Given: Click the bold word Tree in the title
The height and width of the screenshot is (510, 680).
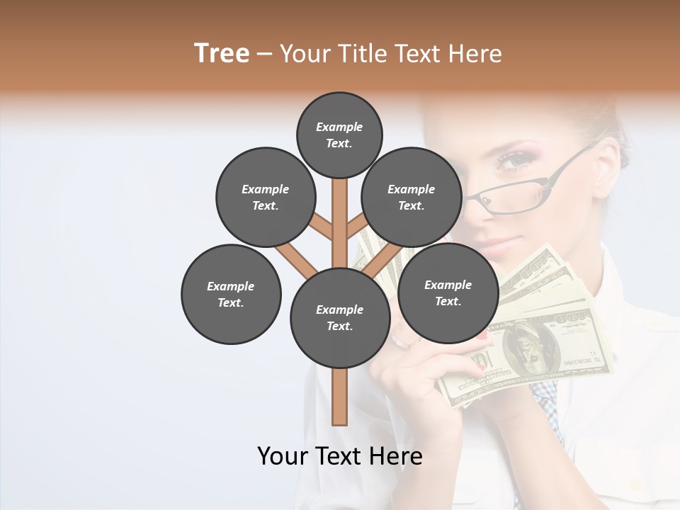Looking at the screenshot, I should [x=222, y=54].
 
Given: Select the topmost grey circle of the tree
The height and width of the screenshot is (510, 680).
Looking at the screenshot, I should [x=339, y=135].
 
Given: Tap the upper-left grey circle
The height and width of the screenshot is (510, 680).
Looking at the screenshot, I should [x=265, y=197].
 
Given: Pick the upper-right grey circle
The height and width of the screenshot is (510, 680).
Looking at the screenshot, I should [x=411, y=197].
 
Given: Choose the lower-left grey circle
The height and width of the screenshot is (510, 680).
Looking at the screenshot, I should [x=231, y=294].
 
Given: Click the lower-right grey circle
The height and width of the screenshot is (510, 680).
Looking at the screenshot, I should [x=448, y=293].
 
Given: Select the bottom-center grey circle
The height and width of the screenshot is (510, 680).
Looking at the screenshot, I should [x=340, y=318].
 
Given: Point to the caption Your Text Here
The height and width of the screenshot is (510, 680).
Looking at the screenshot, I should [x=339, y=455].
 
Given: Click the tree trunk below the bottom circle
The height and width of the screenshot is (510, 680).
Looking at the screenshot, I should [x=340, y=397].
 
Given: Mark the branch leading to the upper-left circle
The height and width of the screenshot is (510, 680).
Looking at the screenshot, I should [x=320, y=225].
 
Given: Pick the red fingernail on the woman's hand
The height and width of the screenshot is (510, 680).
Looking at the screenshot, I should [x=482, y=336].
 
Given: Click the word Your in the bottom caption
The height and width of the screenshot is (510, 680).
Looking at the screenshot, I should [x=283, y=455].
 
